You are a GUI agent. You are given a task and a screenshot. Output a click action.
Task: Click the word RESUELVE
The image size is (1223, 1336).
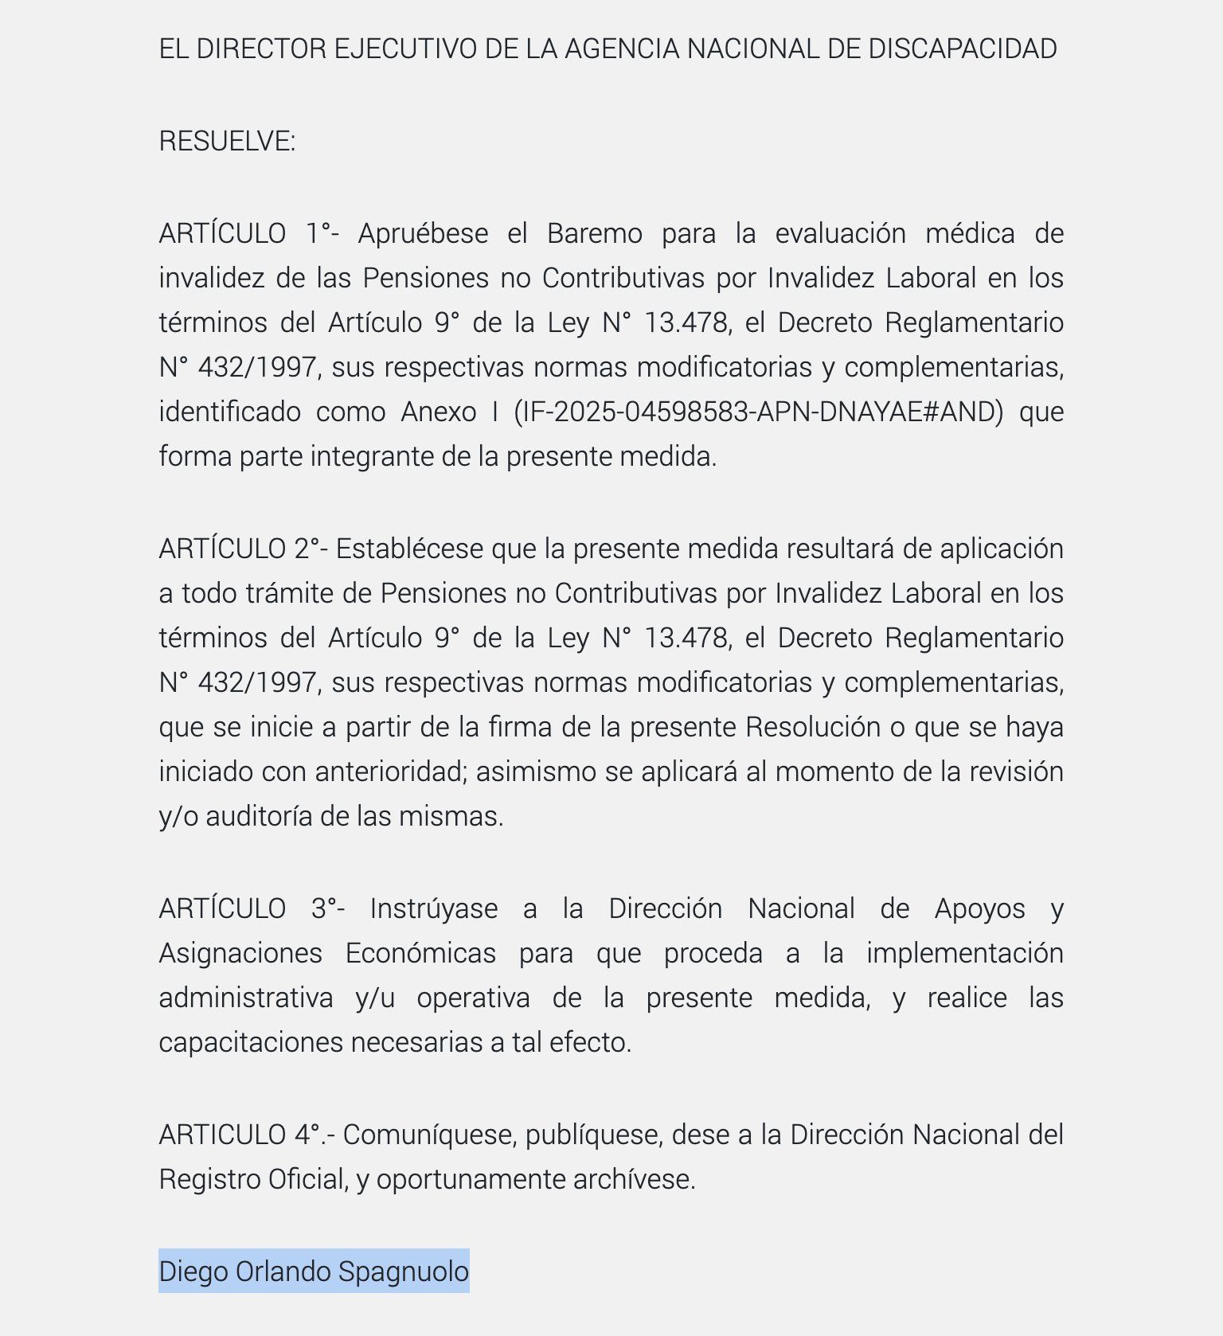pyautogui.click(x=225, y=141)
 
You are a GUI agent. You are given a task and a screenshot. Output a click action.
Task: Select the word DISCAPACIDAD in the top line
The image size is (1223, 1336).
pyautogui.click(x=962, y=49)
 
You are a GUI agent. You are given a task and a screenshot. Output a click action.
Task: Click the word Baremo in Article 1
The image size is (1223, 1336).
pyautogui.click(x=594, y=233)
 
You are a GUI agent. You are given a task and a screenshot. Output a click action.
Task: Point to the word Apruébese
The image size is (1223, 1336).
pyautogui.click(x=423, y=233)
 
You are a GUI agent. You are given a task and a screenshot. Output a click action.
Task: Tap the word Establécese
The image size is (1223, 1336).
pyautogui.click(x=409, y=549)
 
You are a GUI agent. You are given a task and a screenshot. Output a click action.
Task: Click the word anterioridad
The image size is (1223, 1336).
pyautogui.click(x=389, y=772)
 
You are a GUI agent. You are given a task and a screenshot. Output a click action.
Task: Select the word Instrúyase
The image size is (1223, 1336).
pyautogui.click(x=433, y=908)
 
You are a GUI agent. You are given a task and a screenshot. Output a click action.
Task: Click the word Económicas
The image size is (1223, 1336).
pyautogui.click(x=420, y=953)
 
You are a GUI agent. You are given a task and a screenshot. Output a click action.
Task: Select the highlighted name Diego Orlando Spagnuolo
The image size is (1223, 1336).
pyautogui.click(x=314, y=1271)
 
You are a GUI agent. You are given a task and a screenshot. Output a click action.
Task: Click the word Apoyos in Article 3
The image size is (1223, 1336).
pyautogui.click(x=979, y=908)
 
